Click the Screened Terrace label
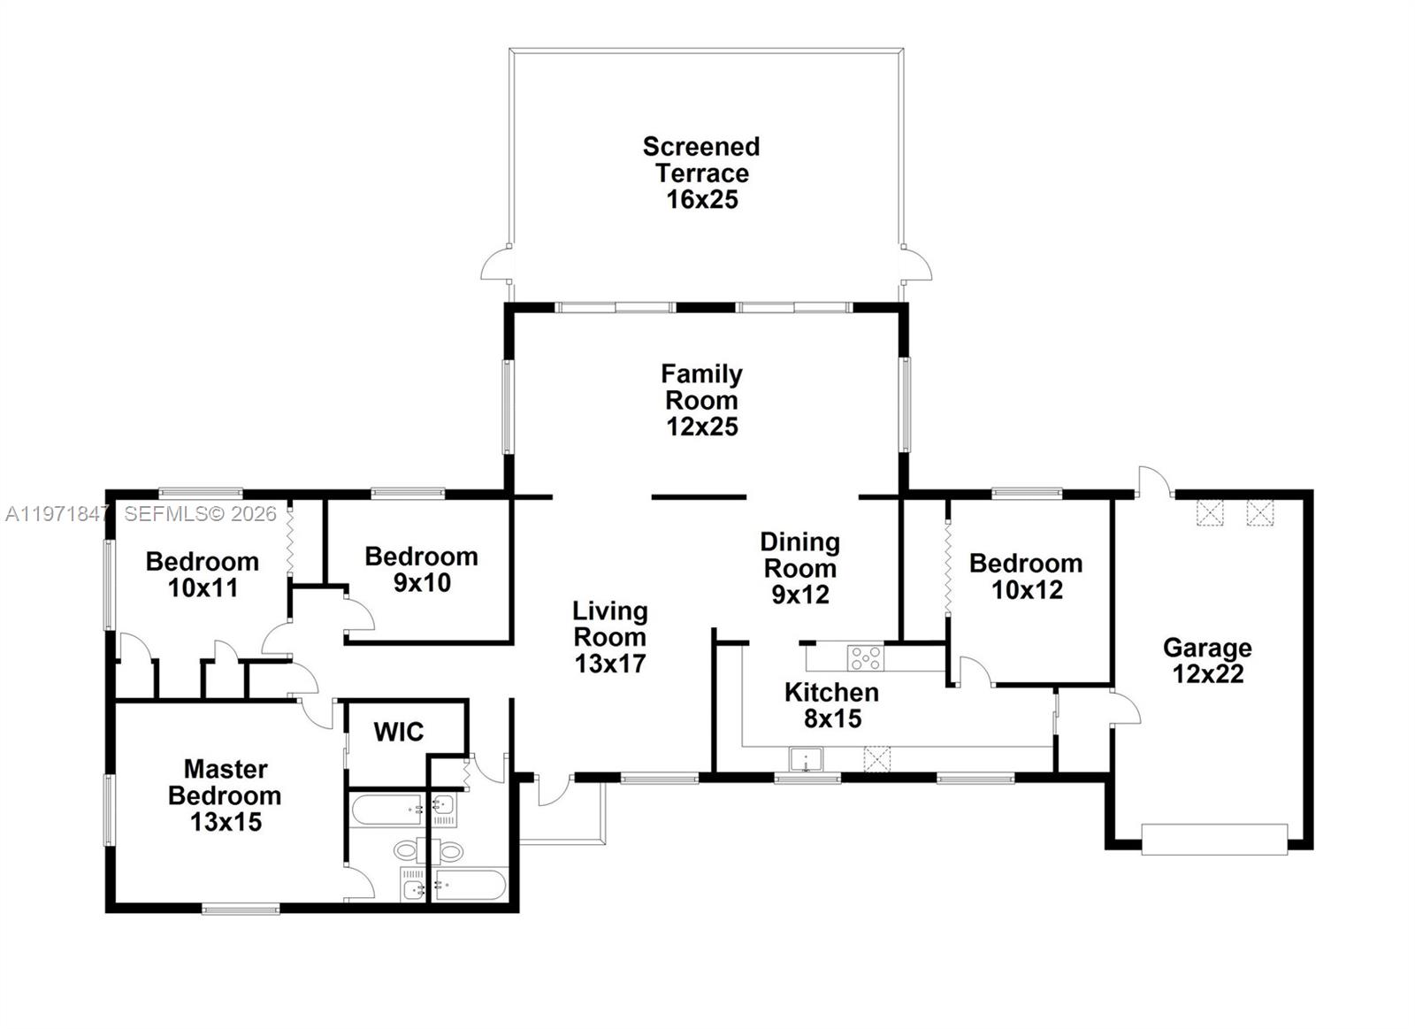pos(701,173)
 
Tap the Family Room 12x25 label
pos(701,400)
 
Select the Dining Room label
pos(799,567)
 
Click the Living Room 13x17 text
pos(610,637)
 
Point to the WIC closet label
pos(398,732)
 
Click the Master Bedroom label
pos(225,795)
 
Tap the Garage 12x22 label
pos(1207,660)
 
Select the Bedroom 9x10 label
pos(421,569)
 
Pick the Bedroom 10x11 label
pos(203,574)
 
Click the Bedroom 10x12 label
pos(1026,576)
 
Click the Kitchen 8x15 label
pos(831,704)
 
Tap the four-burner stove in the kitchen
pos(865,657)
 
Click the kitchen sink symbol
pos(806,760)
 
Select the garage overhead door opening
pos(1214,839)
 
